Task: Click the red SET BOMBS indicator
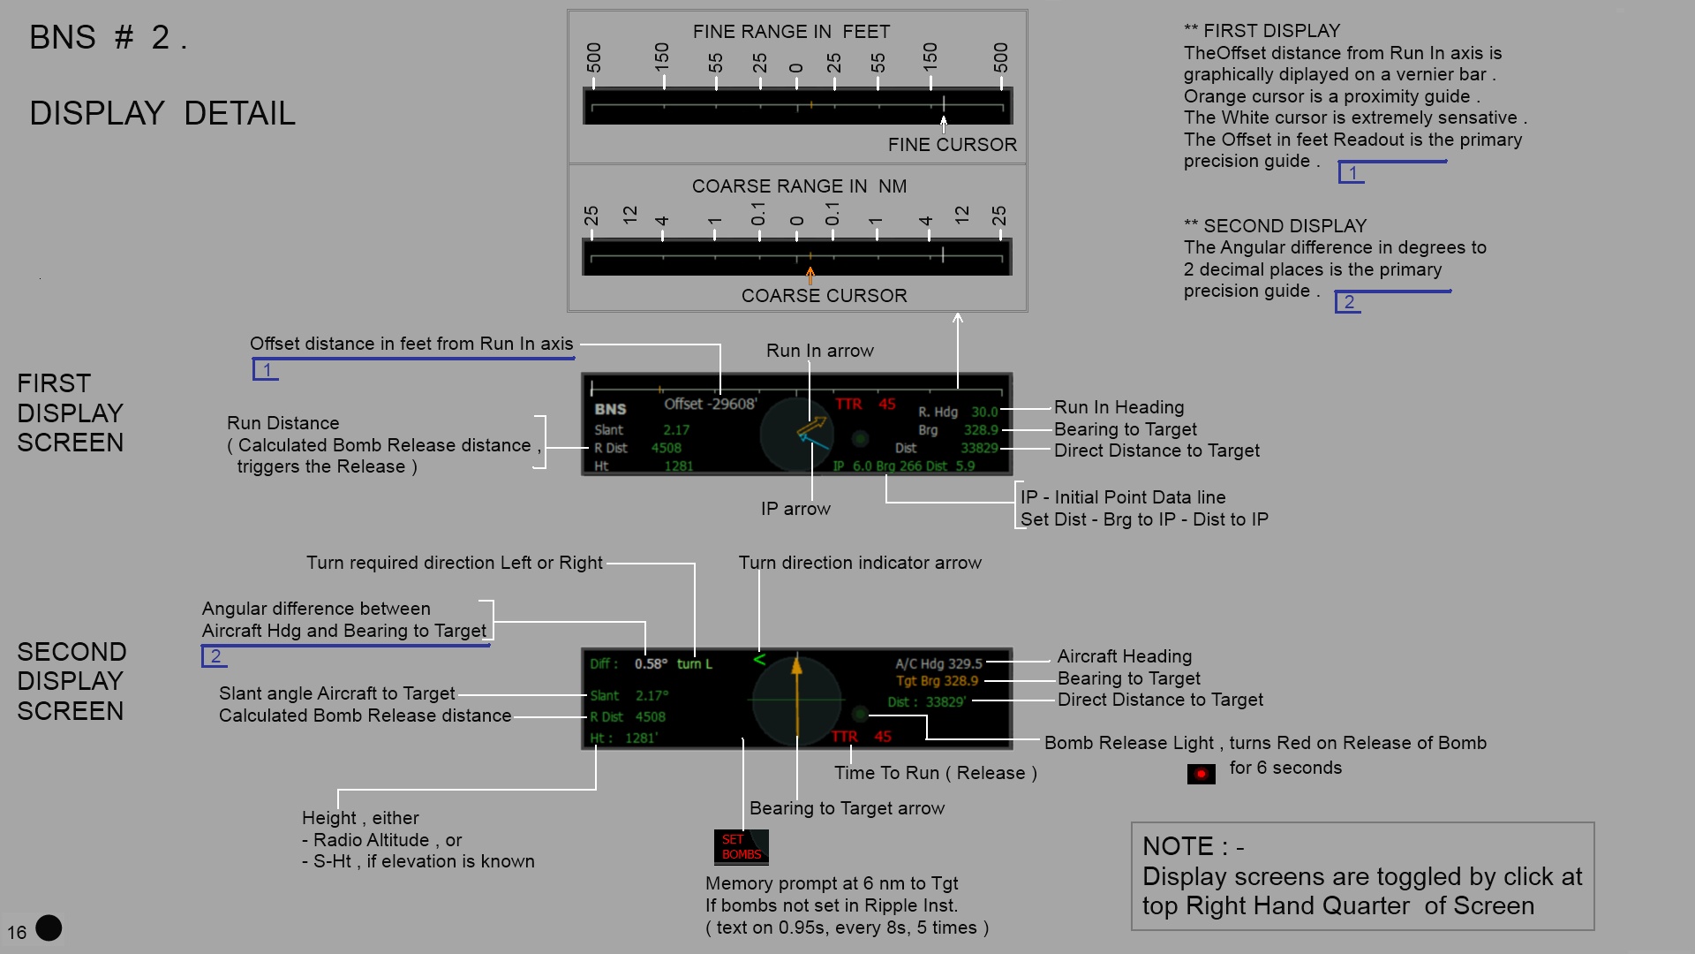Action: click(741, 847)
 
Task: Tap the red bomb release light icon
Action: click(1201, 774)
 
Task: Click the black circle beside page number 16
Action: click(49, 927)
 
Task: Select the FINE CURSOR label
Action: click(952, 145)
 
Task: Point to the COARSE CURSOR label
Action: click(824, 296)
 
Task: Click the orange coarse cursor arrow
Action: click(810, 276)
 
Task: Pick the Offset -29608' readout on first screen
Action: click(711, 404)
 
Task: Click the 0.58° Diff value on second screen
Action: click(651, 663)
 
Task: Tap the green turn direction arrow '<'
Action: click(759, 659)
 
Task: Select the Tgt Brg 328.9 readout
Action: click(937, 681)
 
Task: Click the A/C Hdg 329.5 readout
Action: click(938, 663)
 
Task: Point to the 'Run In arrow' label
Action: click(819, 351)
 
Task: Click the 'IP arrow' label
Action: click(795, 509)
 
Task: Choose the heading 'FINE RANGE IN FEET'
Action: click(791, 32)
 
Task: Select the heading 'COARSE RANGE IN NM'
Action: click(799, 186)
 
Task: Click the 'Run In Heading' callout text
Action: click(1119, 407)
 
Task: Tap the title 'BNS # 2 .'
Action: click(108, 38)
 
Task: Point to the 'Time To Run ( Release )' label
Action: click(936, 773)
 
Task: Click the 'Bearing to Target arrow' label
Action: click(847, 808)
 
